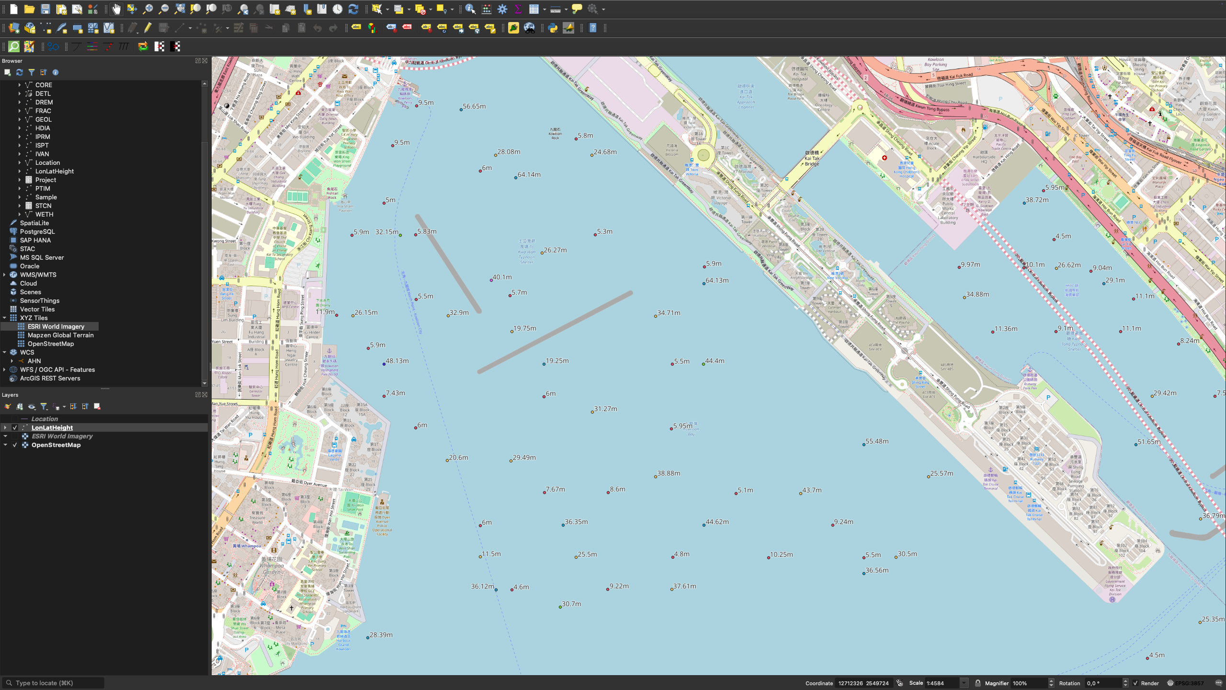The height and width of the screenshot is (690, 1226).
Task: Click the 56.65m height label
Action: (x=474, y=106)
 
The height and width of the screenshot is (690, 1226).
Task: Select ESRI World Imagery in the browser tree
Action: (x=56, y=327)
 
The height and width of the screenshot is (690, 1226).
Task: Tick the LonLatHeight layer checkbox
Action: (x=15, y=428)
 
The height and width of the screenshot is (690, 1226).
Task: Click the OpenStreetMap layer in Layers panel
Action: (x=56, y=445)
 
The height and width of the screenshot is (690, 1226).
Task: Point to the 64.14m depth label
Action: (x=529, y=175)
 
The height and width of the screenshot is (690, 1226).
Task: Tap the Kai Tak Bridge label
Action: (x=812, y=159)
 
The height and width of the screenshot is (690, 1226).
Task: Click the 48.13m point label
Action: (x=397, y=361)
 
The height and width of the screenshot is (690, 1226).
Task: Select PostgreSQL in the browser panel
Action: (x=37, y=232)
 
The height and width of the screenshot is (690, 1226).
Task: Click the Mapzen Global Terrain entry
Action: (x=60, y=335)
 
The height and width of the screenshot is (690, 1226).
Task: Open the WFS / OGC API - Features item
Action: (x=57, y=370)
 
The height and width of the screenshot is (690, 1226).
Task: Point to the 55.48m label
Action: (x=877, y=442)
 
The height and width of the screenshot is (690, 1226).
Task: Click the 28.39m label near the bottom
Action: (x=381, y=635)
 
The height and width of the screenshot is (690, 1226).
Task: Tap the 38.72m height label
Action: (x=1037, y=200)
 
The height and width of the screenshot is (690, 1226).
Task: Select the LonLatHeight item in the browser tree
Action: (x=54, y=172)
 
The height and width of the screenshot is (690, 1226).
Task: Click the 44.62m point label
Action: (x=717, y=522)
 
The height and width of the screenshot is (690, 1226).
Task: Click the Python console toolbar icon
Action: (x=553, y=28)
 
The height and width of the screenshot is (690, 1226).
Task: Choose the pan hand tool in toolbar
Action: (x=116, y=9)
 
